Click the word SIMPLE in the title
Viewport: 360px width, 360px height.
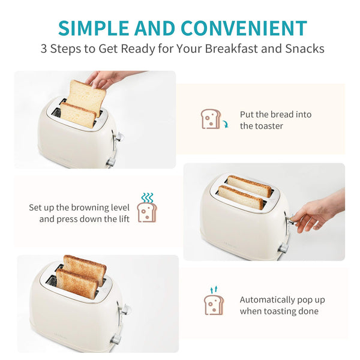(x=94, y=28)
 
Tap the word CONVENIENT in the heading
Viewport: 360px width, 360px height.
(x=244, y=28)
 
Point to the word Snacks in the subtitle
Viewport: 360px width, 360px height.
(x=305, y=49)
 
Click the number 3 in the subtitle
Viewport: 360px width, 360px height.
(x=44, y=49)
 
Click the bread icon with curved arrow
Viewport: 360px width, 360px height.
(x=214, y=119)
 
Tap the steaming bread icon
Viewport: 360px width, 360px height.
(x=147, y=208)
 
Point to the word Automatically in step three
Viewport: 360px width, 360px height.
(x=267, y=300)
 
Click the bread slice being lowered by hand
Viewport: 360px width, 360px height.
(x=86, y=98)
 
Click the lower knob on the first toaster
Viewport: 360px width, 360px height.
(x=111, y=162)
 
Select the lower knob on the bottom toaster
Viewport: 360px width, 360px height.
(x=116, y=340)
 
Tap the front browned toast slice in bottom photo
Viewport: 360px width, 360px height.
(x=77, y=284)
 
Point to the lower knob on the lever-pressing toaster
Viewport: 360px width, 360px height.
(x=284, y=248)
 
